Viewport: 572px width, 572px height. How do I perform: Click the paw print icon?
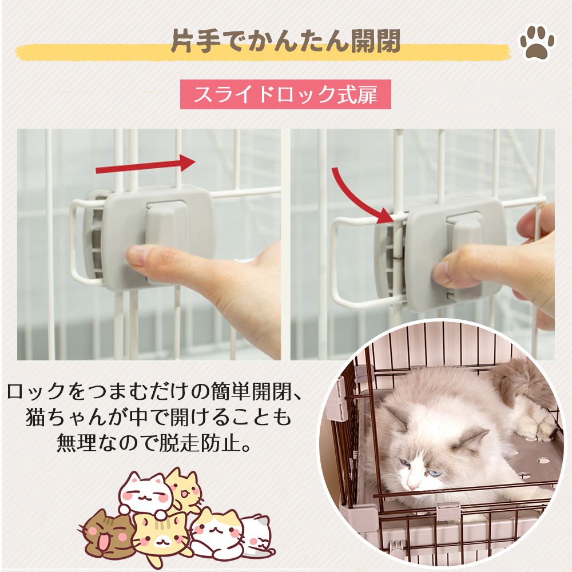[537, 41]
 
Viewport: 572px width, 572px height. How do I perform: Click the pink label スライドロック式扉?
[285, 94]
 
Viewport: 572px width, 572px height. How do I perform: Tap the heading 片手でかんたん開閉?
[285, 41]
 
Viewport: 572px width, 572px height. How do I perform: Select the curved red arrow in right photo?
[360, 192]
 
